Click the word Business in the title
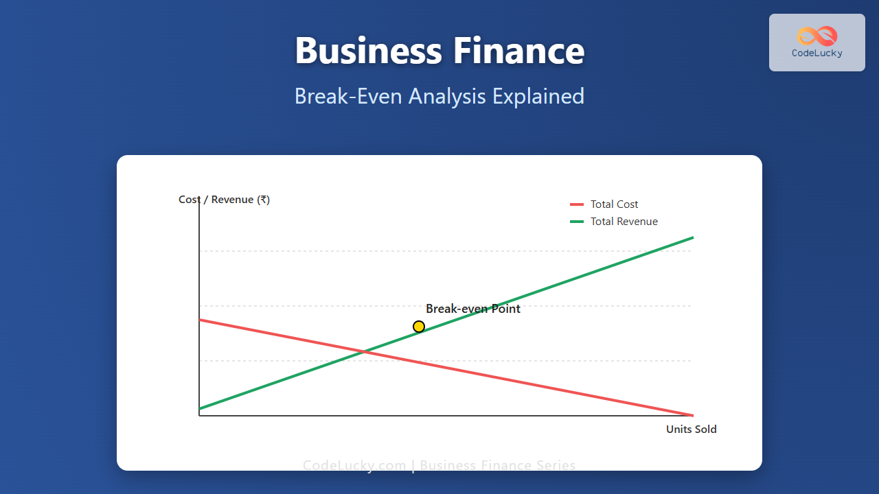click(x=368, y=51)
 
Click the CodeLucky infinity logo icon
click(x=817, y=36)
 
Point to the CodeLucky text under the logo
click(x=817, y=53)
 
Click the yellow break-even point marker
click(x=419, y=327)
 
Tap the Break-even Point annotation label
click(x=473, y=309)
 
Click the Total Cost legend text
click(x=614, y=204)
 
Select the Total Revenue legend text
click(x=624, y=222)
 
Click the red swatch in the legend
click(x=577, y=204)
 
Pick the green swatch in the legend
click(x=577, y=222)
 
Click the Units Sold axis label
click(x=691, y=430)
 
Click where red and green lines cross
click(x=363, y=353)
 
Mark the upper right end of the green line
click(x=692, y=237)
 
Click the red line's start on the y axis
click(x=200, y=320)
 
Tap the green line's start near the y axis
click(x=200, y=409)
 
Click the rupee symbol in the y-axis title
click(x=263, y=200)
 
